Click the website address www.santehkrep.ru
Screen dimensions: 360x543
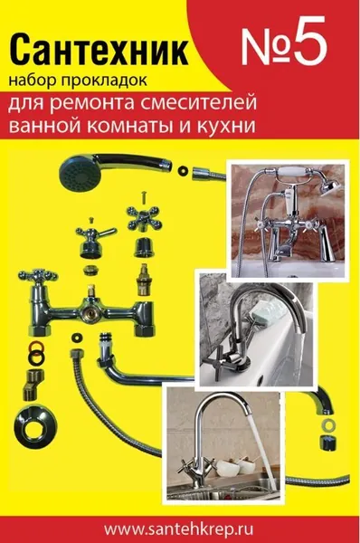[178, 529]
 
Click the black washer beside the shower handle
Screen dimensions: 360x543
[182, 171]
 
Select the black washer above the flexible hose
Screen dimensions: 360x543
[75, 337]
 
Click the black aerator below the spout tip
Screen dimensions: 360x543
[327, 443]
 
